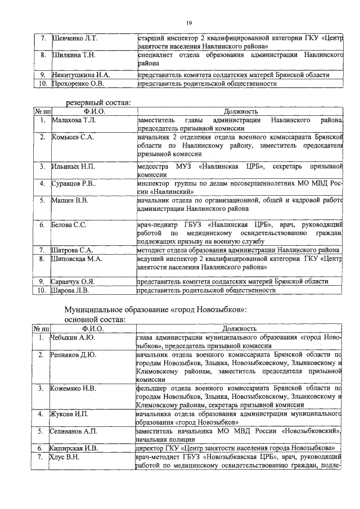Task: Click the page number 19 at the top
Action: pyautogui.click(x=190, y=22)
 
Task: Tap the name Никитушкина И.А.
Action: pyautogui.click(x=80, y=74)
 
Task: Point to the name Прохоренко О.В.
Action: pyautogui.click(x=78, y=84)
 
